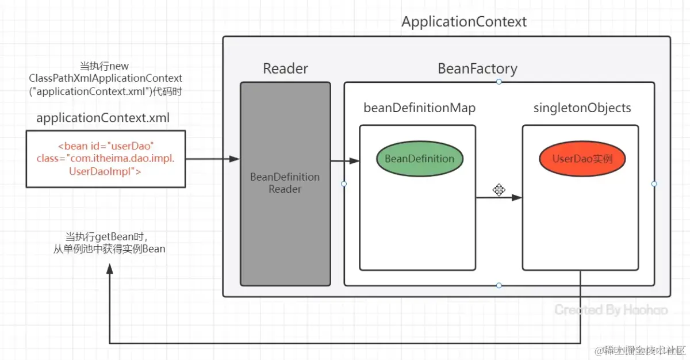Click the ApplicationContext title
(463, 22)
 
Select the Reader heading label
(285, 69)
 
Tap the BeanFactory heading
(477, 69)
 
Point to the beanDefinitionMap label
(419, 108)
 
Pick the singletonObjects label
(582, 108)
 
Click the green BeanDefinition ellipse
(419, 159)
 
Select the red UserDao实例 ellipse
(582, 159)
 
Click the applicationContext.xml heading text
(103, 118)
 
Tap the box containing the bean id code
(105, 159)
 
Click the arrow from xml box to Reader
(212, 159)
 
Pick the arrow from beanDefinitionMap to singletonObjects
(498, 198)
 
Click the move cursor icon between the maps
(499, 190)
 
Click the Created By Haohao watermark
(611, 310)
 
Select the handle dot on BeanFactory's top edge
(499, 82)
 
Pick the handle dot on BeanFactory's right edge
(654, 184)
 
